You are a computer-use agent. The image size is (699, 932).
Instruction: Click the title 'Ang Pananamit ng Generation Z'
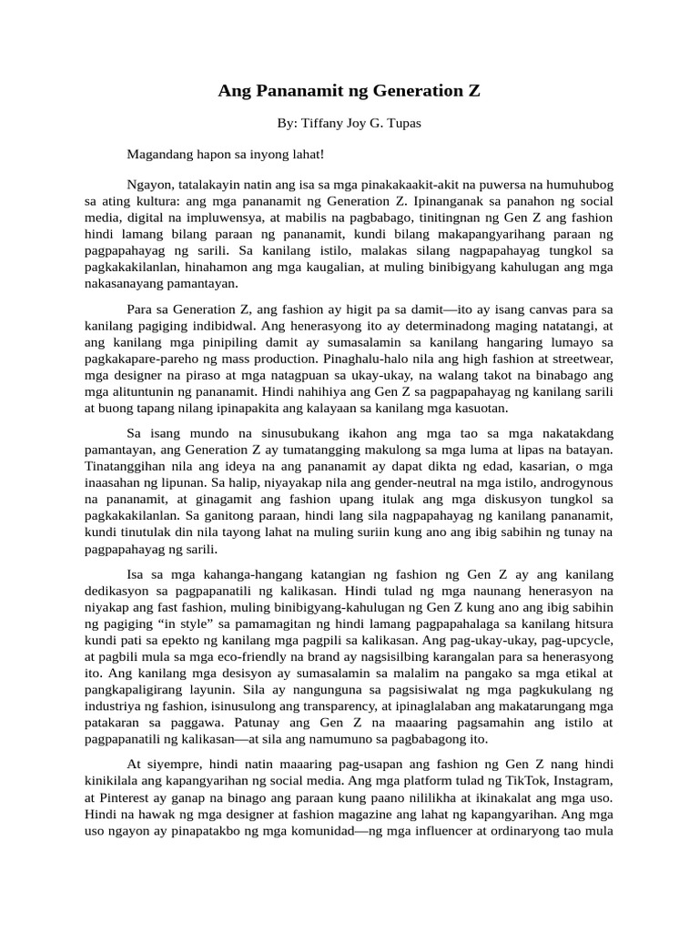349,91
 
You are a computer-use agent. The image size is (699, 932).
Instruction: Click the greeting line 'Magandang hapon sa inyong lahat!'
225,155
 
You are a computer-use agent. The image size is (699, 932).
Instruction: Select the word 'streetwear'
583,358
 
